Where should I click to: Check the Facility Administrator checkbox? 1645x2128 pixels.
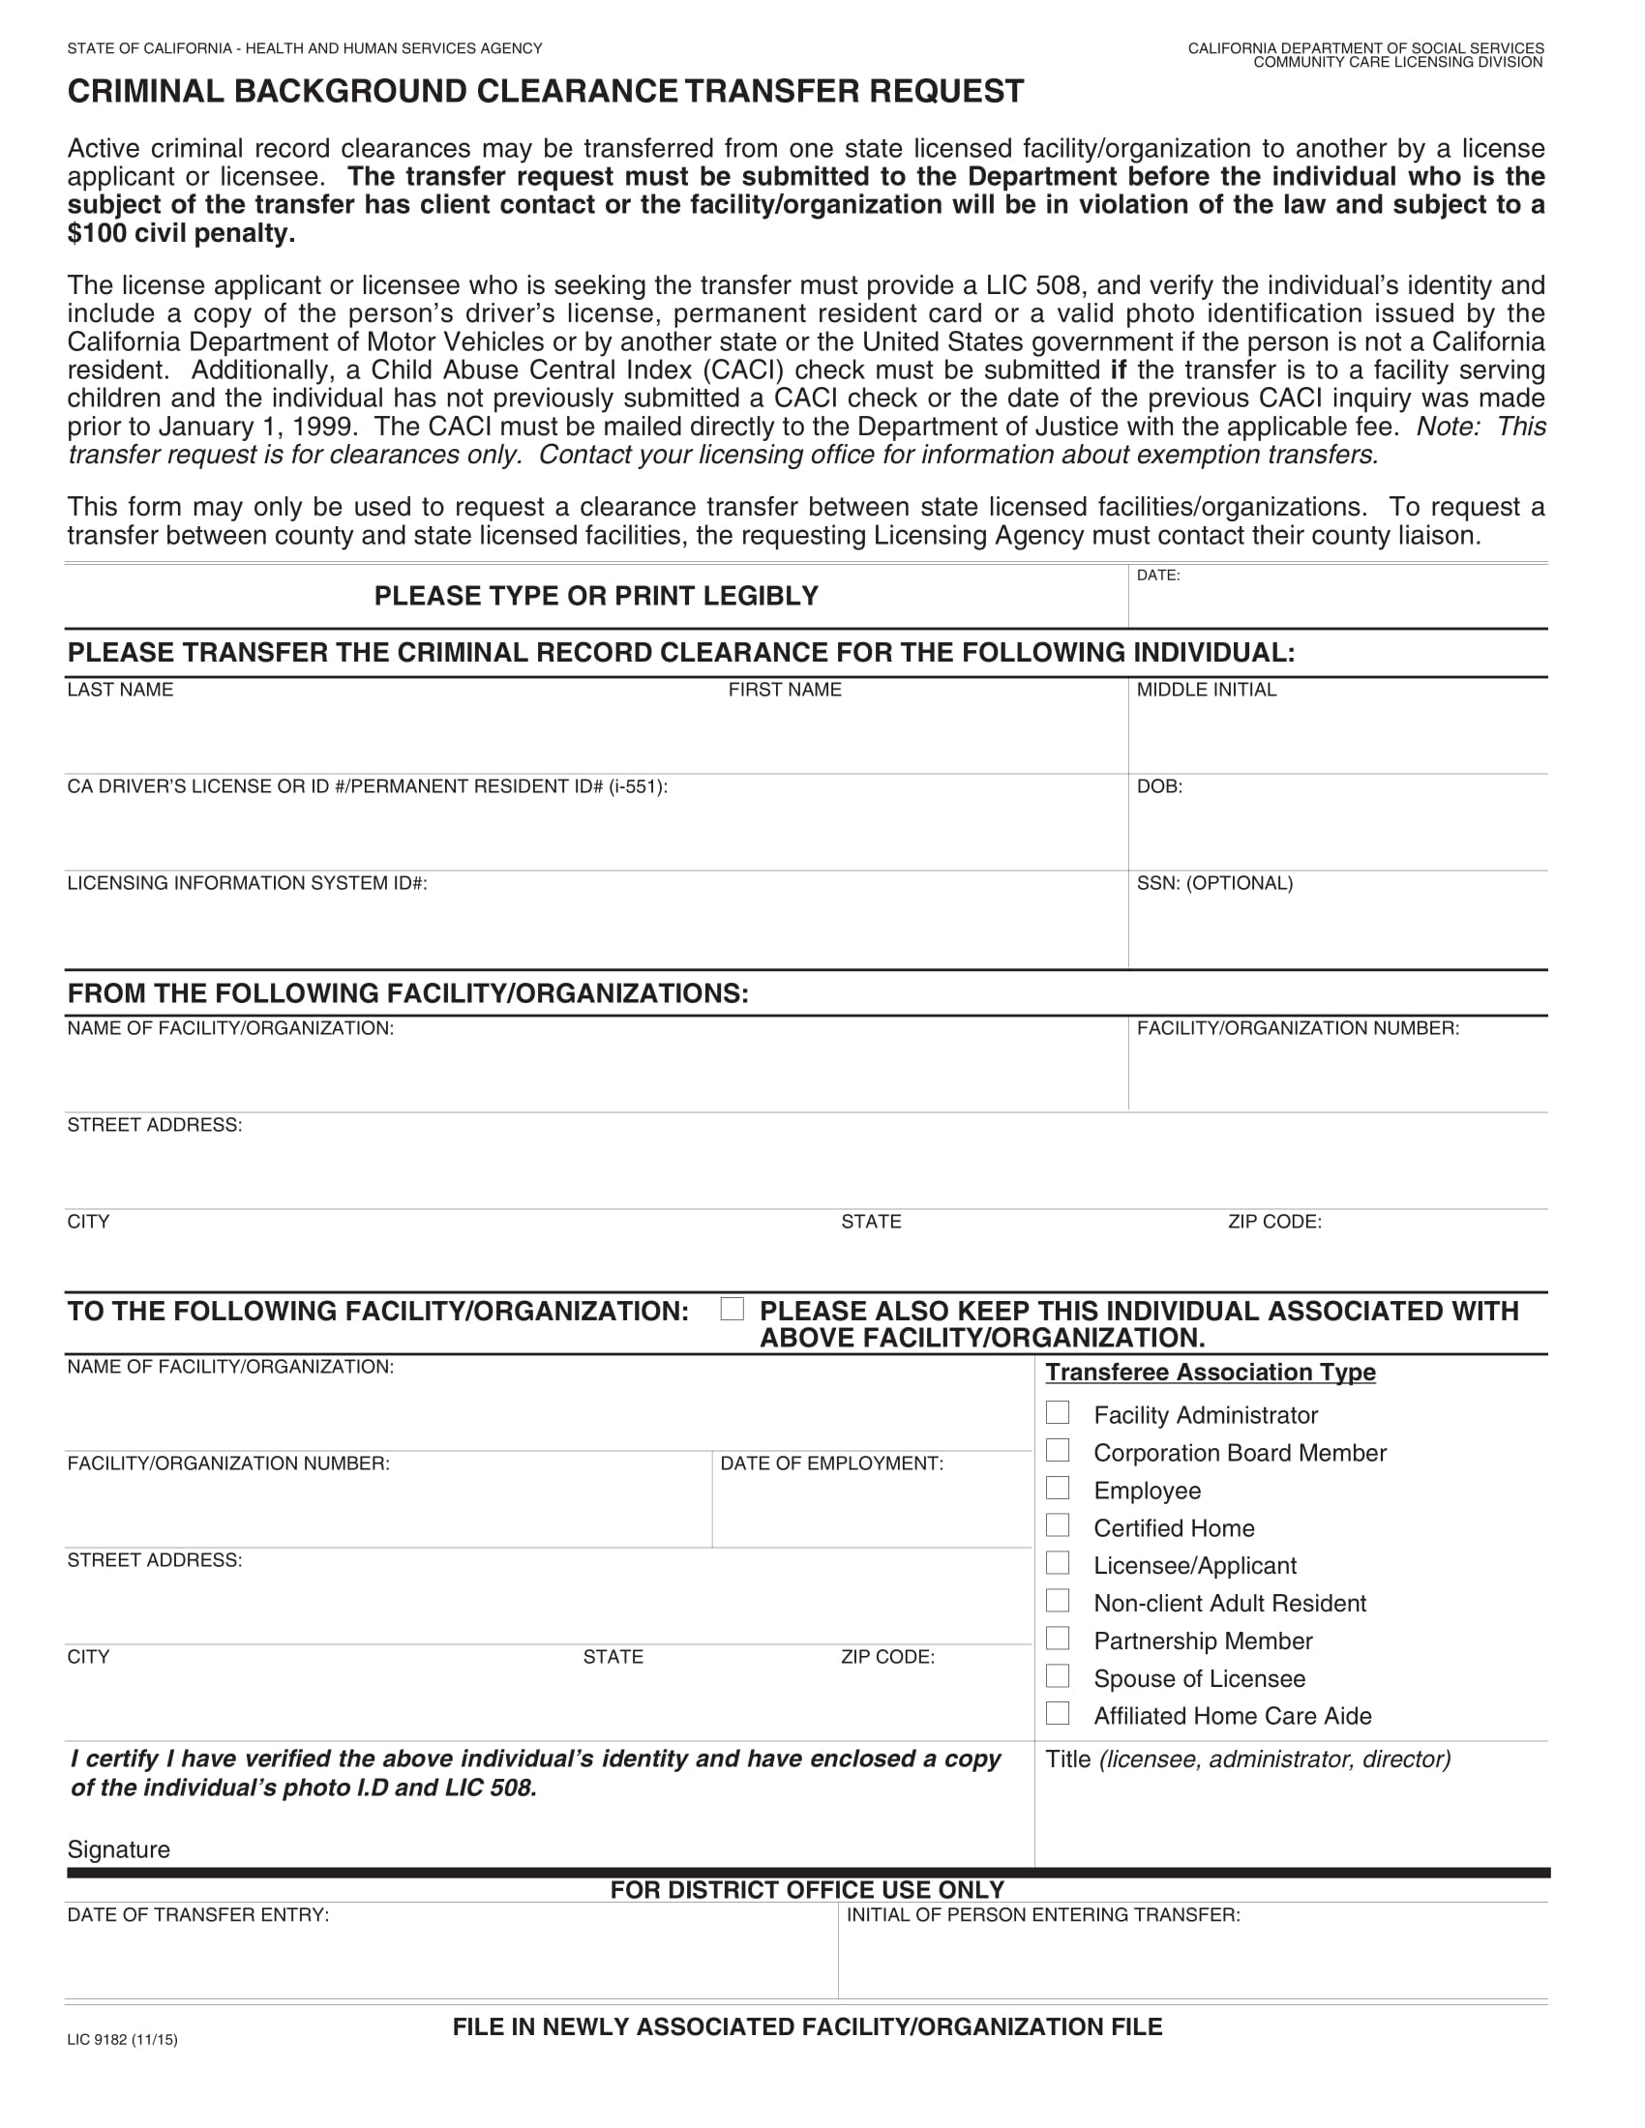(1058, 1413)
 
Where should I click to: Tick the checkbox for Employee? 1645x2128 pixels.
(1058, 1488)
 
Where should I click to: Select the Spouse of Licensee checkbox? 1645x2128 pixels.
(1058, 1676)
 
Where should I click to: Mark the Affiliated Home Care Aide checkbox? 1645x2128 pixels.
(1058, 1713)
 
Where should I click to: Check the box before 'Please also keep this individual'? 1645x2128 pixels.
(732, 1309)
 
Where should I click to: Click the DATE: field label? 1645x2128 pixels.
(1157, 576)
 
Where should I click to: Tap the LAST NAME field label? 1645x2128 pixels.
(120, 690)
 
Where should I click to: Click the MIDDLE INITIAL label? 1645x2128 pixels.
(1206, 690)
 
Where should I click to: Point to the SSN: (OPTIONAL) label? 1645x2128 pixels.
(1214, 883)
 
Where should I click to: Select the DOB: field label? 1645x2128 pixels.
(1158, 786)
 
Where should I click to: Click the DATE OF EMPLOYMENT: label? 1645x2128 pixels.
(831, 1463)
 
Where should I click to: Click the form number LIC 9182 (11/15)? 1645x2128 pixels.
(123, 2039)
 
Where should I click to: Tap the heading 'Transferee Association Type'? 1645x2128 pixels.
(1210, 1372)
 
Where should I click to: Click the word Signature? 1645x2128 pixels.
(119, 1849)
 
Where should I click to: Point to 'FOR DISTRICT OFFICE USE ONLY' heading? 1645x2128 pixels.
(807, 1890)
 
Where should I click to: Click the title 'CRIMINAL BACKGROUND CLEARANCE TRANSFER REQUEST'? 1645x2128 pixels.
(546, 92)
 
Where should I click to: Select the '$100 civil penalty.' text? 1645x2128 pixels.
(181, 234)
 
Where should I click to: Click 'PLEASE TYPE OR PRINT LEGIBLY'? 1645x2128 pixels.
(596, 596)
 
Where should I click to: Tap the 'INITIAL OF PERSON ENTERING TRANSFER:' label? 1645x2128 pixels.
(1043, 1915)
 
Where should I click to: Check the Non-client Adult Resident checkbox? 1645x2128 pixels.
(1058, 1601)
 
